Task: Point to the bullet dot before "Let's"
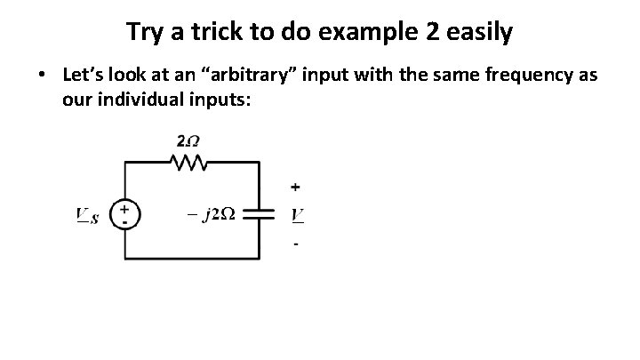point(43,76)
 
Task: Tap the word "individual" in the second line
point(144,99)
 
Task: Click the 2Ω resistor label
point(188,142)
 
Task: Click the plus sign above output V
point(295,187)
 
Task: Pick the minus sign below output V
point(295,242)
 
